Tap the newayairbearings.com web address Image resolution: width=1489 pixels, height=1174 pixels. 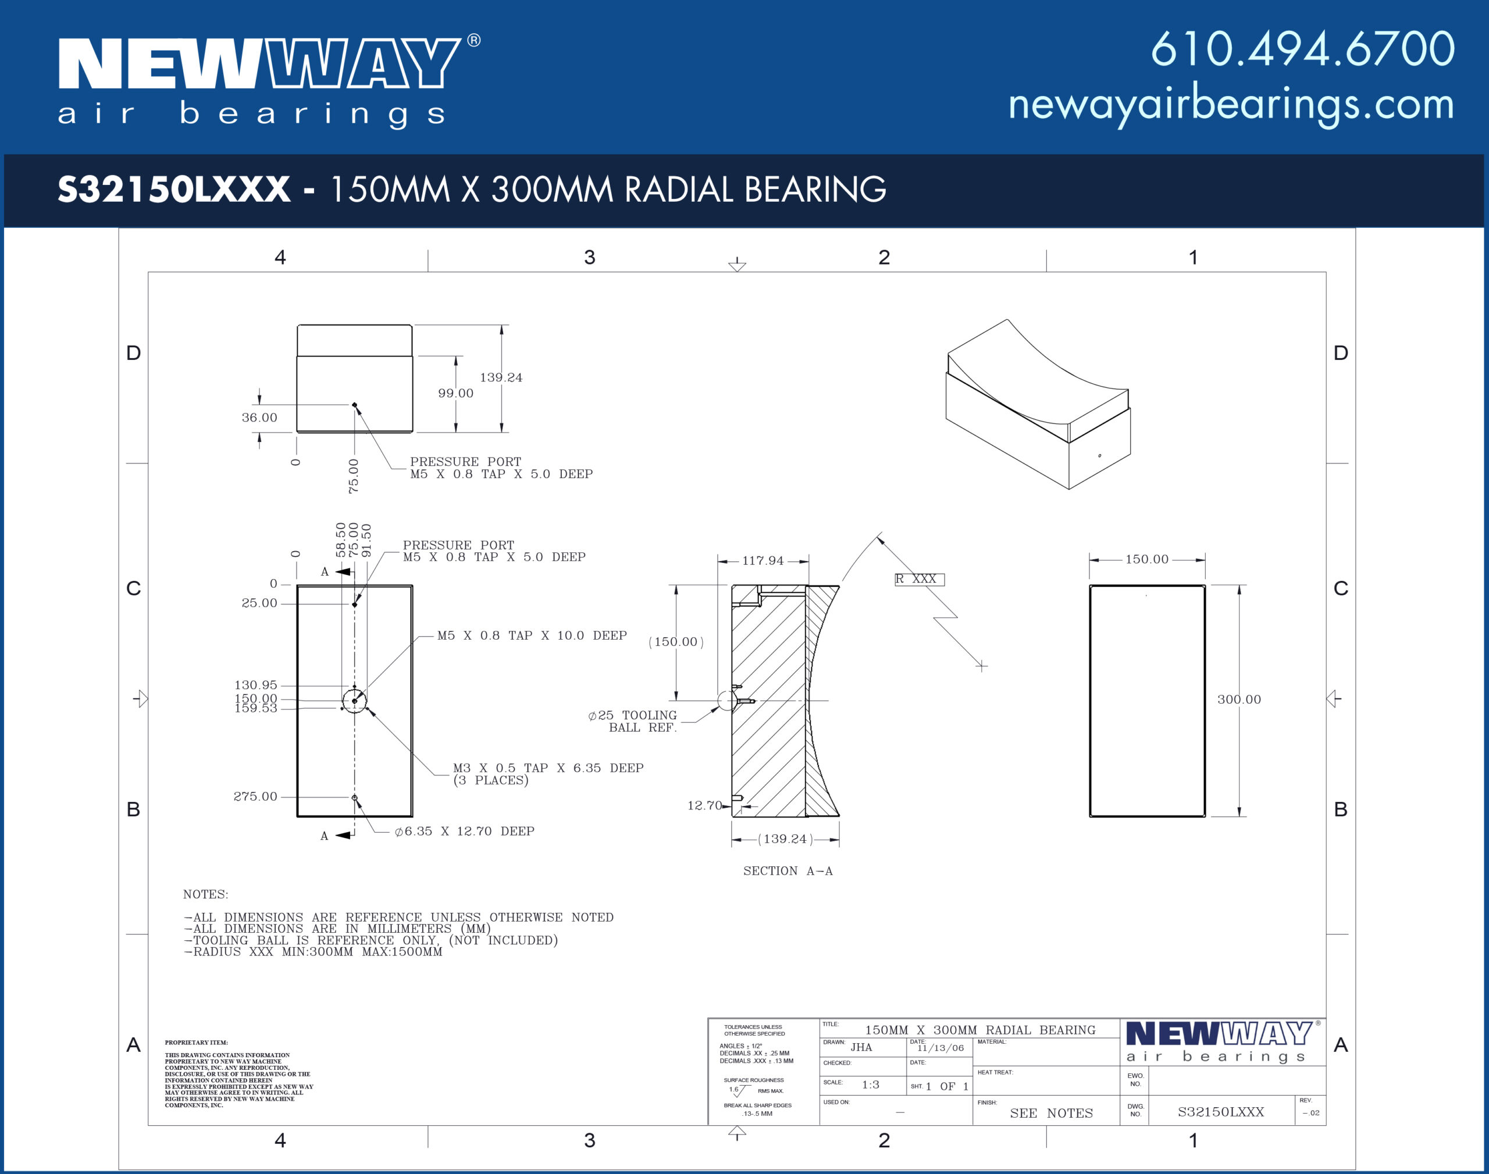pos(1231,105)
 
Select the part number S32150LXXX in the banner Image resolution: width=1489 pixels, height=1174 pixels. pos(174,189)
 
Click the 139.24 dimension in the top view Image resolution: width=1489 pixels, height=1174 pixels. pos(501,377)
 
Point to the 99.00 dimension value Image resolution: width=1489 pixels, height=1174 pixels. pos(456,393)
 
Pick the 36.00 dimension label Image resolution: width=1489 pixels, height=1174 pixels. pos(259,417)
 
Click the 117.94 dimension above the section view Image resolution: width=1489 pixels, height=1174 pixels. pos(763,560)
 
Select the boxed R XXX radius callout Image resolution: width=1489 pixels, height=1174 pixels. pos(920,579)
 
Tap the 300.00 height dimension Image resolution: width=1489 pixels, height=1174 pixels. pos(1239,699)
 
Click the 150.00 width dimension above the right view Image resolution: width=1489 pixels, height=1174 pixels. pos(1146,559)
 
